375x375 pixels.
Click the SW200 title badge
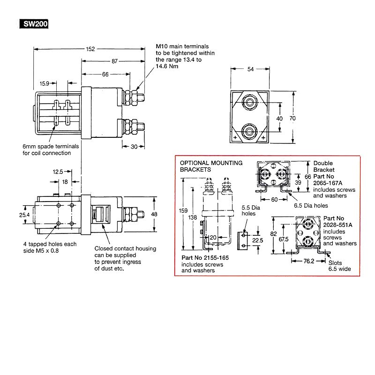[32, 24]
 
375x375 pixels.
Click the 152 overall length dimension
[91, 49]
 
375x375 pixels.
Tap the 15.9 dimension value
[45, 83]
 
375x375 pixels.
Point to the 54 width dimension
[251, 69]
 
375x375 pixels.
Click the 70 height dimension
[292, 119]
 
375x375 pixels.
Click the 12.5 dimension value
[58, 172]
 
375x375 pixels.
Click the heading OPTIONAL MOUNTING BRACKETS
[211, 166]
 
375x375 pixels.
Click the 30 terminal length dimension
[133, 147]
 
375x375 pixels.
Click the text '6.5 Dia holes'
[310, 205]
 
